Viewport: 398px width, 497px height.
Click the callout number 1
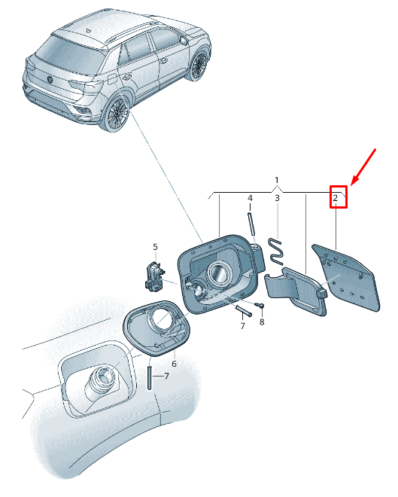pos(277,180)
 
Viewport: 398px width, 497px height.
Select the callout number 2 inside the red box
pos(336,198)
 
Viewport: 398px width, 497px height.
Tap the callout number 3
pos(277,198)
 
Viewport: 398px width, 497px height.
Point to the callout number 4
pos(250,198)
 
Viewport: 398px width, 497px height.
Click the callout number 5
pos(155,246)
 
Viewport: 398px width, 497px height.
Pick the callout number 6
pos(174,364)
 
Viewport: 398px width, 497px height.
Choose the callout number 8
pos(262,322)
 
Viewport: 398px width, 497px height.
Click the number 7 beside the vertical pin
pos(166,376)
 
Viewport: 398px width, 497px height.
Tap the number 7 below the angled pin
pos(242,325)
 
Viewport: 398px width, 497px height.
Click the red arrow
pos(363,166)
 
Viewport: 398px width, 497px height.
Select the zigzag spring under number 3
pos(275,251)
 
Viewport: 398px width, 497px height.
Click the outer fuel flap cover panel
pos(346,278)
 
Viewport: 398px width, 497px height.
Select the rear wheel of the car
pos(117,113)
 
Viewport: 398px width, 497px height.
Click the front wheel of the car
pos(199,66)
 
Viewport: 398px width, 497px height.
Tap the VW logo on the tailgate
pos(50,79)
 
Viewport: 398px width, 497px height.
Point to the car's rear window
pos(68,53)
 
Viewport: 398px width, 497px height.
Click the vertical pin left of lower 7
pos(148,378)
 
